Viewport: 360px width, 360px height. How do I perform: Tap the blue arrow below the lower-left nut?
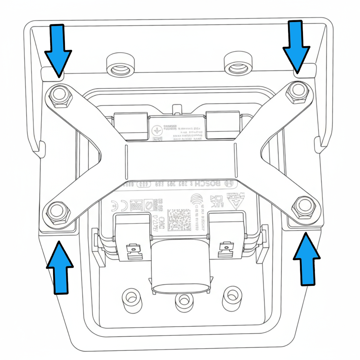(x=60, y=267)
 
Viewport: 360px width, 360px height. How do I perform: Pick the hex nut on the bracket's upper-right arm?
(x=297, y=90)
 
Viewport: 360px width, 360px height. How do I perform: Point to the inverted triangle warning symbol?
(x=235, y=201)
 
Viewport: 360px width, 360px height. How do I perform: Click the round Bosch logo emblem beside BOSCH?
(x=230, y=183)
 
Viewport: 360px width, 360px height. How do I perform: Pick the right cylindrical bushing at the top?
(x=238, y=64)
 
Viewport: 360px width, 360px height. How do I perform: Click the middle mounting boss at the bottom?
(x=182, y=301)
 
